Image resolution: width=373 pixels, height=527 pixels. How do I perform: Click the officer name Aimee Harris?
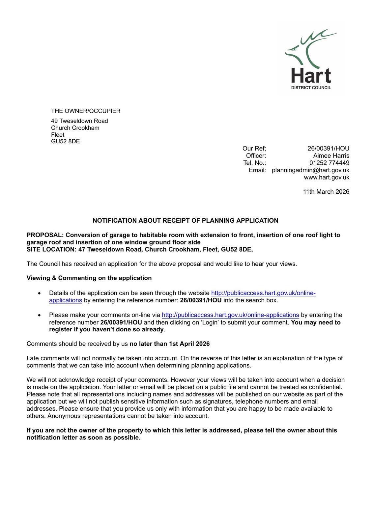coord(331,155)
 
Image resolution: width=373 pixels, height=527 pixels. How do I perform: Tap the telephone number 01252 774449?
coord(329,163)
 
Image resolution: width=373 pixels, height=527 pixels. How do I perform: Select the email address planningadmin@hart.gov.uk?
coord(310,170)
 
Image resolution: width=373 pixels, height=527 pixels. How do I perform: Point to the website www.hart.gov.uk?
coord(326,177)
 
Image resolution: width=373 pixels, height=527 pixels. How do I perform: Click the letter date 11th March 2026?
coord(326,192)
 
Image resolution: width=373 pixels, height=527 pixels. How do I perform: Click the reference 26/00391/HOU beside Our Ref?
coord(328,149)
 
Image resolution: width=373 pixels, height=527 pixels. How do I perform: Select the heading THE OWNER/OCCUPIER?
coord(86,111)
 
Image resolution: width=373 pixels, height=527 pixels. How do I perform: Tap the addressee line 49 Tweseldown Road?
coord(79,121)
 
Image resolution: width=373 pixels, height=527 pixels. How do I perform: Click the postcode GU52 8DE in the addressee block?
coord(65,141)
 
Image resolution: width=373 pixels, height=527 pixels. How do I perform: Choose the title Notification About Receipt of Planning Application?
coord(185,220)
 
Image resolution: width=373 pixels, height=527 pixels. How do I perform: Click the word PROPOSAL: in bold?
coord(45,235)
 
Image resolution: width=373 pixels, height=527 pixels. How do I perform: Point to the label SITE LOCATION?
coord(51,249)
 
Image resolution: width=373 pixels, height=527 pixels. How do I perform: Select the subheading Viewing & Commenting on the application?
coord(89,278)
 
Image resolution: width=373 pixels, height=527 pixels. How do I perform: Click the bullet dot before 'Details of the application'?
coord(40,293)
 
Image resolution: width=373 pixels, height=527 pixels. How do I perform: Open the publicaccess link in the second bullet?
coord(230,315)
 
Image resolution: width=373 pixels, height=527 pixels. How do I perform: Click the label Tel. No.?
coord(254,163)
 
